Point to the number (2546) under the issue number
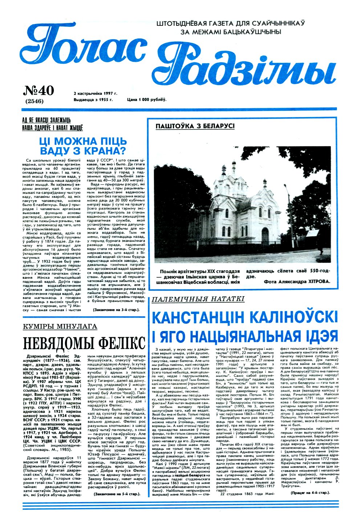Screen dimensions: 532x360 point(35,101)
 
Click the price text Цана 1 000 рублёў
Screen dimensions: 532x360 point(146,99)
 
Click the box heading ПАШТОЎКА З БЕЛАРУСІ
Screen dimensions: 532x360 point(195,126)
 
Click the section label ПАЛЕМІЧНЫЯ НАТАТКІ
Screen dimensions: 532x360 point(198,299)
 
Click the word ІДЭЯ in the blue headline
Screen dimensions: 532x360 point(320,335)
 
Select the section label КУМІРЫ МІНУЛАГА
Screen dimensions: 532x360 point(60,326)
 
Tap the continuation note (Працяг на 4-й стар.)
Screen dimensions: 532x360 point(310,492)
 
